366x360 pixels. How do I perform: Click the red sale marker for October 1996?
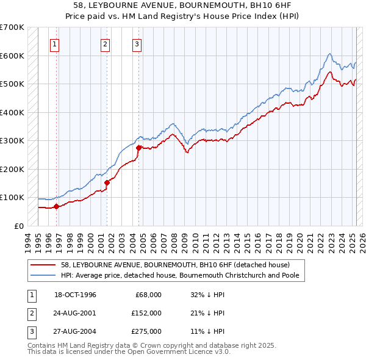[x=56, y=206]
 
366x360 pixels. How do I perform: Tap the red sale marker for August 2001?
[x=107, y=182]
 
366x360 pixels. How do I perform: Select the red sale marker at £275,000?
[x=138, y=148]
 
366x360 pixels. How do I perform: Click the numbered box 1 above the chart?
[x=55, y=44]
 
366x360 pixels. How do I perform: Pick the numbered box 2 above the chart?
[x=105, y=44]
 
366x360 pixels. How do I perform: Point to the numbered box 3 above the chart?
[x=137, y=44]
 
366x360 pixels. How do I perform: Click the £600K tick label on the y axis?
[x=12, y=56]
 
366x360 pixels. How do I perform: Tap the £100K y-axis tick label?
[x=12, y=198]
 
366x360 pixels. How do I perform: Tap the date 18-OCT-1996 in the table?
[x=76, y=295]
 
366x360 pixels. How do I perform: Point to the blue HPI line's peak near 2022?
[x=329, y=54]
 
